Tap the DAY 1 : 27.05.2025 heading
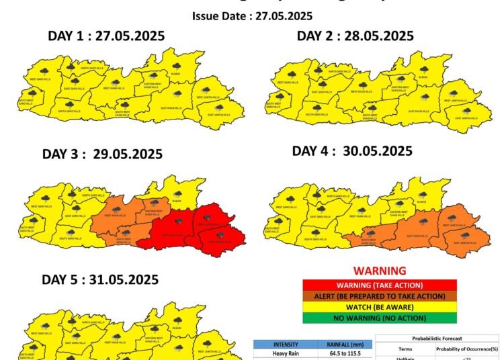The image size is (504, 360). pyautogui.click(x=106, y=36)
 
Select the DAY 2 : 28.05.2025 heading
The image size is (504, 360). pyautogui.click(x=355, y=36)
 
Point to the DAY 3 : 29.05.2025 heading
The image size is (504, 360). pyautogui.click(x=102, y=154)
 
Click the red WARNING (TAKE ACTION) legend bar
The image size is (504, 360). pyautogui.click(x=380, y=285)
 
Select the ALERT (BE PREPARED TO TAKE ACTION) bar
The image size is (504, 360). pyautogui.click(x=380, y=296)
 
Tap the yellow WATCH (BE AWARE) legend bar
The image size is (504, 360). pyautogui.click(x=380, y=306)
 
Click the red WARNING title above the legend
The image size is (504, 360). pyautogui.click(x=380, y=271)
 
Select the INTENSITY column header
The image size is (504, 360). pyautogui.click(x=284, y=344)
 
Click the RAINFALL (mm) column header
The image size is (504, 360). pyautogui.click(x=343, y=344)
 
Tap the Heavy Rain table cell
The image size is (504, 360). pyautogui.click(x=284, y=353)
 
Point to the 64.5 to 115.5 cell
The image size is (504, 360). pyautogui.click(x=343, y=353)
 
